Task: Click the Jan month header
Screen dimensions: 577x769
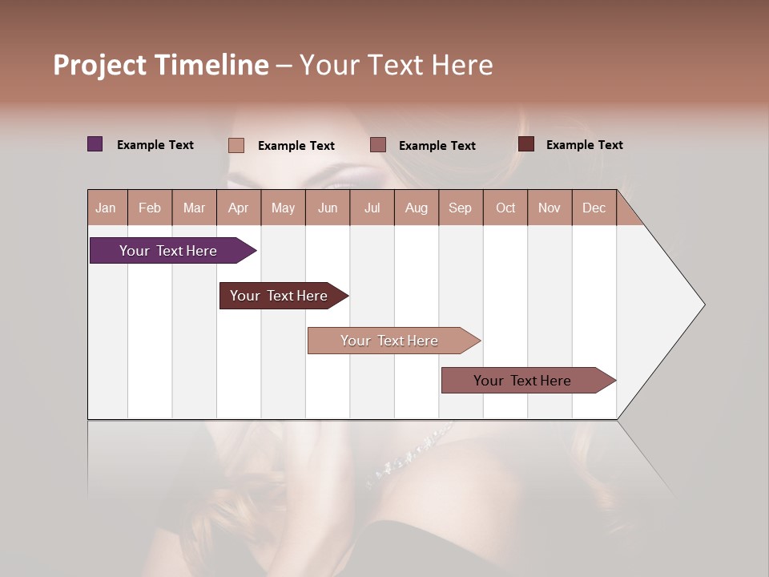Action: click(107, 208)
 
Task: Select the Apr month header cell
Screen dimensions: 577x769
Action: click(239, 208)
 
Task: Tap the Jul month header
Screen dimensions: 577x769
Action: click(372, 208)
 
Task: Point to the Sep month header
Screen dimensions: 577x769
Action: click(461, 208)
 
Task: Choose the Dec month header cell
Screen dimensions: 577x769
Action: click(594, 208)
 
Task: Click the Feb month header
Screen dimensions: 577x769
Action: click(150, 208)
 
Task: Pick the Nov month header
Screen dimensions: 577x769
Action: click(550, 208)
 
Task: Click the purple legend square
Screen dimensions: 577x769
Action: click(95, 144)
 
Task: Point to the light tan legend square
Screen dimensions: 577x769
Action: click(236, 145)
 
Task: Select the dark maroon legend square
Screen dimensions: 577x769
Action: click(526, 144)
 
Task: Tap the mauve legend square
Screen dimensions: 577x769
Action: click(378, 145)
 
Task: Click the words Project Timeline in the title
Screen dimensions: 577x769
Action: click(161, 65)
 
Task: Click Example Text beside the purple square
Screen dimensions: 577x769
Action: click(155, 145)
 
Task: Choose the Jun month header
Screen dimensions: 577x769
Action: click(328, 208)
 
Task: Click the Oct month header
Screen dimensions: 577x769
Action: click(505, 208)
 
